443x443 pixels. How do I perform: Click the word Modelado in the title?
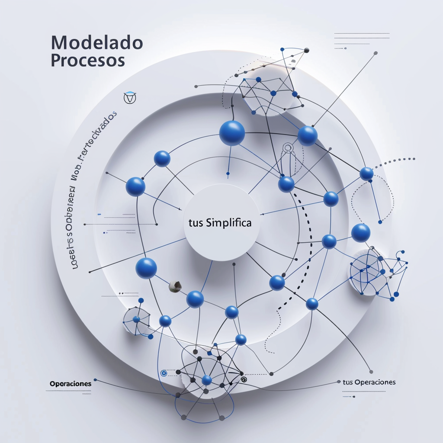(97, 43)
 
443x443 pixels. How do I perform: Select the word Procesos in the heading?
(88, 60)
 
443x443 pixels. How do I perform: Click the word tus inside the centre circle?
(196, 224)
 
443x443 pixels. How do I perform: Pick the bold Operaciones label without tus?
(71, 384)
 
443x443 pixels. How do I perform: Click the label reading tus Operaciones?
(369, 382)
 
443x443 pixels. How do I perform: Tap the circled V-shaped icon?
(130, 98)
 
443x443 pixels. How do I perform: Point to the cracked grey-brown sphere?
(175, 286)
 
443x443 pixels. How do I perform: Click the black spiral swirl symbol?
(243, 379)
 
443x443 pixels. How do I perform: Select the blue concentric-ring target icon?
(164, 373)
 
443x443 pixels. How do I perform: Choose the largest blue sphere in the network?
(232, 133)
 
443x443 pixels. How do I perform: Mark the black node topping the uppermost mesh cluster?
(307, 50)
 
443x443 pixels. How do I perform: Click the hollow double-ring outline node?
(288, 148)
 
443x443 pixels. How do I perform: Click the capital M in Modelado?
(59, 43)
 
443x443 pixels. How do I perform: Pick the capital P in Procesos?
(56, 60)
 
